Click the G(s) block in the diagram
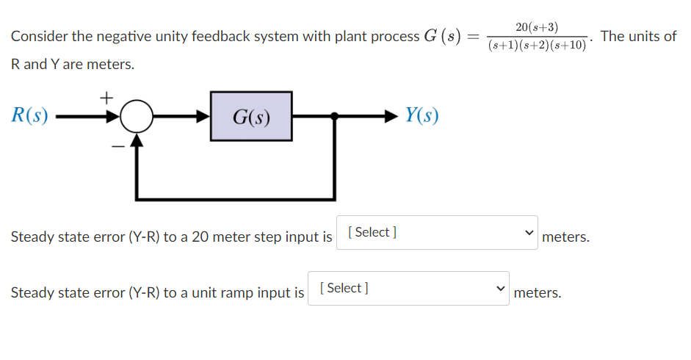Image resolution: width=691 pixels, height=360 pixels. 250,116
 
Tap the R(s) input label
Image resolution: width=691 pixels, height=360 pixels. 30,115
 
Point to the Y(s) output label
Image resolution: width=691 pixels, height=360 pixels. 422,115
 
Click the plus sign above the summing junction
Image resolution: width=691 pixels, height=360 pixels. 106,96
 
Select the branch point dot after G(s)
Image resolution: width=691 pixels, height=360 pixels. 335,116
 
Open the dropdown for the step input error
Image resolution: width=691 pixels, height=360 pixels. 437,232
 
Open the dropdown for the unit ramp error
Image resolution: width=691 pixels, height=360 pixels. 408,289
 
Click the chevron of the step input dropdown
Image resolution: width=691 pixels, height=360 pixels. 527,233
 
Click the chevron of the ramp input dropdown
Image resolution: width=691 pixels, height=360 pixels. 499,289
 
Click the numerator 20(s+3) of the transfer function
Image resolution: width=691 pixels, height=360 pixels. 536,27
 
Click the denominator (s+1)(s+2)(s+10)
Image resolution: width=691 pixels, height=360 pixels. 537,46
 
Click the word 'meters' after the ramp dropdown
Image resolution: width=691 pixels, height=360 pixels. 538,293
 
